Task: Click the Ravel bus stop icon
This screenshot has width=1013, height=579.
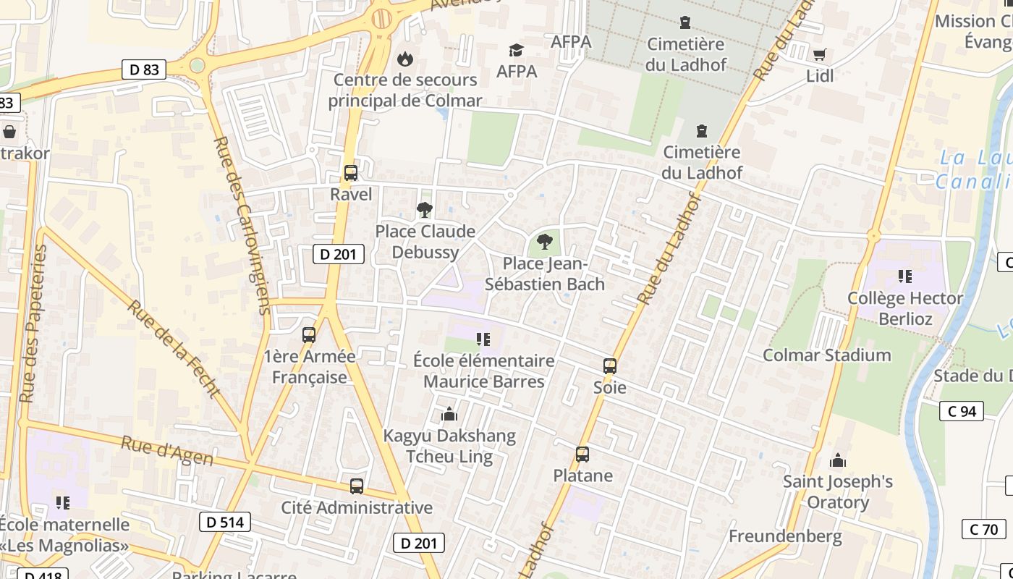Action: (x=351, y=173)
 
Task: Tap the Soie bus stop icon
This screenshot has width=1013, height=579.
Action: (x=610, y=366)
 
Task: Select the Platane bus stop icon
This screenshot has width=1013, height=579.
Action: (x=582, y=455)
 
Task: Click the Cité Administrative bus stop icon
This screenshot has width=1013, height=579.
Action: (x=357, y=486)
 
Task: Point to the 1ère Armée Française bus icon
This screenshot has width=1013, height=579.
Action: (x=309, y=335)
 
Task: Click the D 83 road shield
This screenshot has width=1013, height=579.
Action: (x=145, y=69)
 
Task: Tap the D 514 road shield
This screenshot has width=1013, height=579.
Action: (x=225, y=522)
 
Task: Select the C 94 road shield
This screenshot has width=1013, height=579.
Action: (x=962, y=411)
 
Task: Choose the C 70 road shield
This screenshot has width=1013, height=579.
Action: (x=983, y=529)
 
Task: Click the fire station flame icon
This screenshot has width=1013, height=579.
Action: (x=404, y=58)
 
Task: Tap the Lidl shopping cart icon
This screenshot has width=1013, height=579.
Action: (x=820, y=55)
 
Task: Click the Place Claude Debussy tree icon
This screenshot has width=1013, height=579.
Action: (x=425, y=210)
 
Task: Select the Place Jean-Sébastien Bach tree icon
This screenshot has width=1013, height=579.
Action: (x=545, y=242)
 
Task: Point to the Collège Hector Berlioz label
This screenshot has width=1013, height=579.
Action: (x=905, y=308)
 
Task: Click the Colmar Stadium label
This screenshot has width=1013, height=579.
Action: (x=827, y=355)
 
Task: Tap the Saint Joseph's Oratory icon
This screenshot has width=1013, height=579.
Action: (x=838, y=460)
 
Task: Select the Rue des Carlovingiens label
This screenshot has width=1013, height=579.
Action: (x=243, y=224)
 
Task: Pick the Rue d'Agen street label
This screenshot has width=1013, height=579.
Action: (x=167, y=450)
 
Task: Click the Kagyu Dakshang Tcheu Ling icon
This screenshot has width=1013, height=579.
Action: (x=449, y=415)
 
